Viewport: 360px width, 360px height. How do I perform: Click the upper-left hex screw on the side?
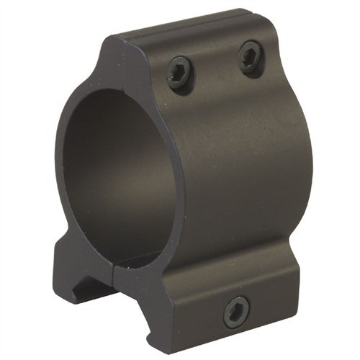[179, 72]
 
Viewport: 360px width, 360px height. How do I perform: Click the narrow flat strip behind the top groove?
[216, 22]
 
